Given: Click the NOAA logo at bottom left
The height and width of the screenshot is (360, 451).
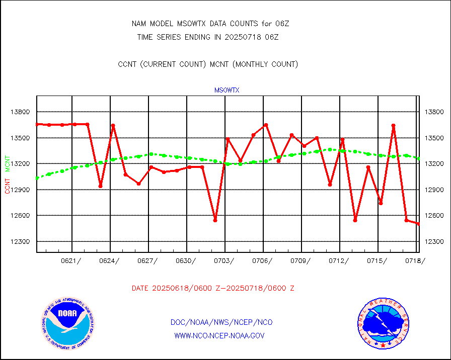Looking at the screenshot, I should pyautogui.click(x=67, y=323).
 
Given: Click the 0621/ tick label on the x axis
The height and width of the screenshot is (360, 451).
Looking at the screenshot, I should pyautogui.click(x=71, y=260).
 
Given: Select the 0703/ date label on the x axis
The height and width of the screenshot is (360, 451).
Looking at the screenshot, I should pyautogui.click(x=224, y=260).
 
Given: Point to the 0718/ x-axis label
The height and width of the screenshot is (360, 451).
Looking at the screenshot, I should pyautogui.click(x=415, y=260).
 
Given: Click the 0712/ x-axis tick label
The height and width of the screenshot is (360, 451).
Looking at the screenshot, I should pyautogui.click(x=339, y=260).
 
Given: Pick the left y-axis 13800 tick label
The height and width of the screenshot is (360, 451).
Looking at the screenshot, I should pyautogui.click(x=20, y=112).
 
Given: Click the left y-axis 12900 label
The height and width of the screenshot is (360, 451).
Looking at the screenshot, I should pyautogui.click(x=20, y=190).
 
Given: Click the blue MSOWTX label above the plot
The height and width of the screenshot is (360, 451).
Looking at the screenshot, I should pyautogui.click(x=227, y=91).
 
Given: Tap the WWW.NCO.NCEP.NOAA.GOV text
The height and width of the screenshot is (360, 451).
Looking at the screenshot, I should pyautogui.click(x=219, y=335).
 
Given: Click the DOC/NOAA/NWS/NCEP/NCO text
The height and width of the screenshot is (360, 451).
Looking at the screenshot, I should pyautogui.click(x=221, y=322).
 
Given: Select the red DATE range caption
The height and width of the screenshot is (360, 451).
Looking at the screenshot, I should pyautogui.click(x=213, y=289).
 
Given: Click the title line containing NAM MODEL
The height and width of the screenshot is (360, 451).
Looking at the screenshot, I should pyautogui.click(x=210, y=24).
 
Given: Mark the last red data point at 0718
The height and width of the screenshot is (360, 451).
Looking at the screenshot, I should pyautogui.click(x=418, y=224).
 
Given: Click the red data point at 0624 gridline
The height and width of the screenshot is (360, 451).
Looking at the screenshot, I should pyautogui.click(x=113, y=125).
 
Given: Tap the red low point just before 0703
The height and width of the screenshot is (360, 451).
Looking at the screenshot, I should pyautogui.click(x=215, y=220).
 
